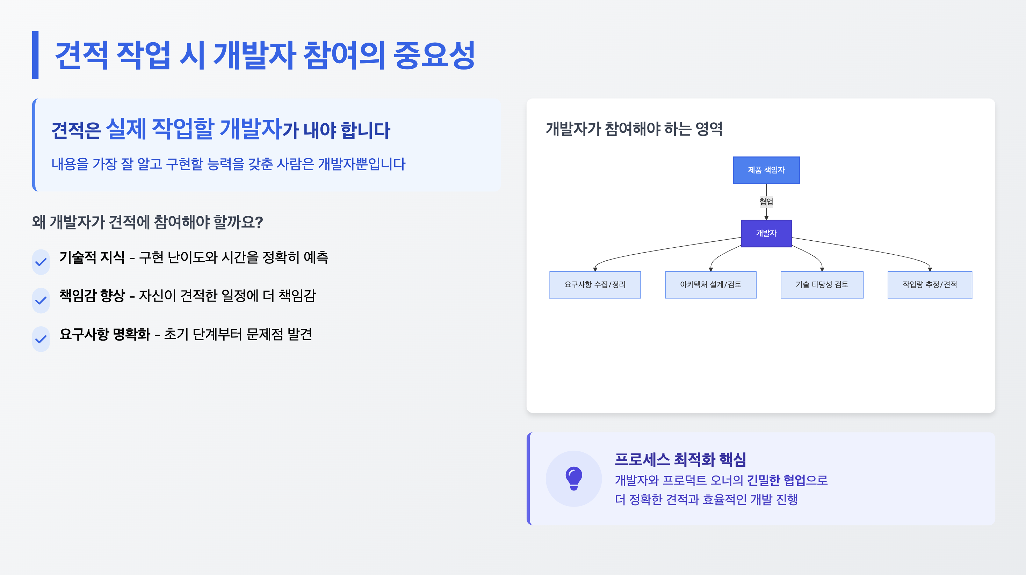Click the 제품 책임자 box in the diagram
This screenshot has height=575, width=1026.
point(766,170)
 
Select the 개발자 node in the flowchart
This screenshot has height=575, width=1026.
point(766,233)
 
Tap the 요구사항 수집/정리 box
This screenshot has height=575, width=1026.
point(595,285)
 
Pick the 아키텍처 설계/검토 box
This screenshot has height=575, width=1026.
point(710,285)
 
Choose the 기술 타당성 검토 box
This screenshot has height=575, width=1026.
point(822,285)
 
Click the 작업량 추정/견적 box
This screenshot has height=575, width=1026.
point(930,285)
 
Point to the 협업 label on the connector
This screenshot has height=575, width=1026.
point(766,202)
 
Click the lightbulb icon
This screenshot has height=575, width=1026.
point(573,478)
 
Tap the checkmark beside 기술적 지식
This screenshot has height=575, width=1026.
point(41,262)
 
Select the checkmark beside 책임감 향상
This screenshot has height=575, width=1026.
point(41,301)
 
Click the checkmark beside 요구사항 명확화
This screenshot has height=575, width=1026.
point(41,339)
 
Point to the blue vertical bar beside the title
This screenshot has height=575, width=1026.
point(35,55)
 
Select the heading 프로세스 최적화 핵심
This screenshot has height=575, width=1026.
point(680,459)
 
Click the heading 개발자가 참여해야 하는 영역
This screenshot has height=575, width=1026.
point(634,129)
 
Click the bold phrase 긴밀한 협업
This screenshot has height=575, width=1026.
point(776,480)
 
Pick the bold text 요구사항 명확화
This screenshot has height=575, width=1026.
point(105,334)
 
